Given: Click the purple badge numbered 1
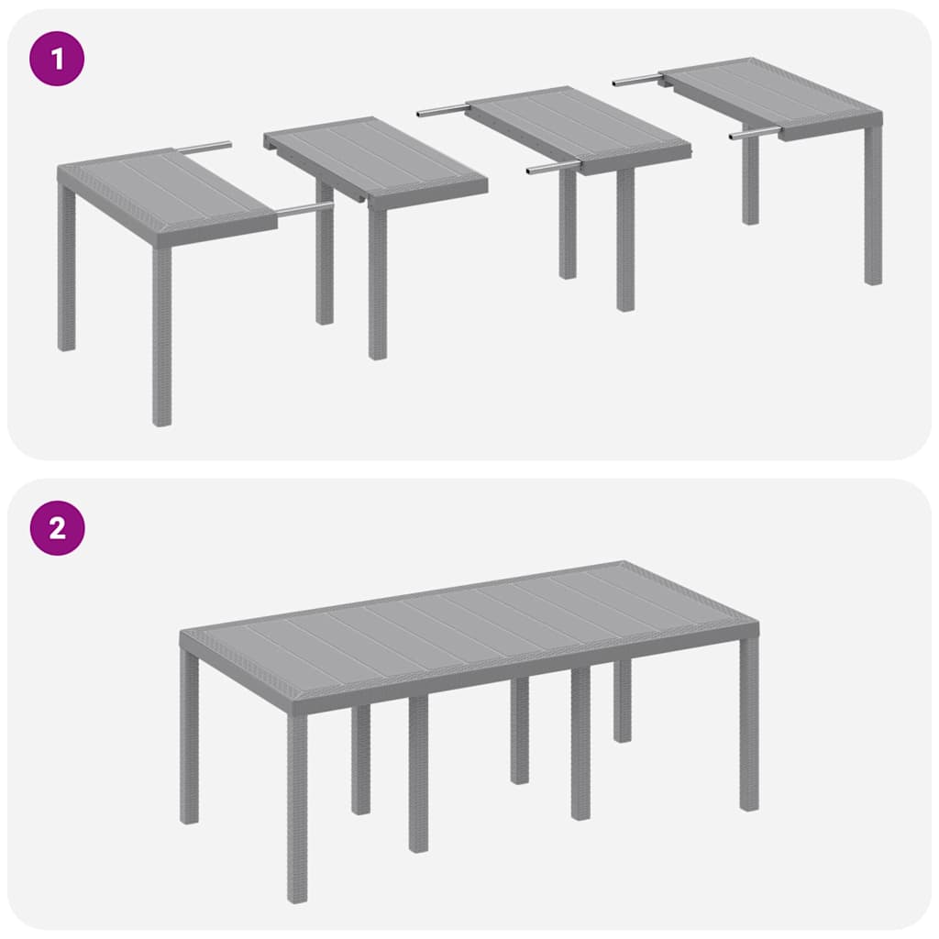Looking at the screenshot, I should (x=57, y=60).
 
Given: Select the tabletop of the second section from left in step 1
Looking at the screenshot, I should (x=376, y=158).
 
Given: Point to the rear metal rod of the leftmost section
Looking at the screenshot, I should (x=203, y=147).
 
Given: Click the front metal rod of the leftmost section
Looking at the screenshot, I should (x=304, y=211).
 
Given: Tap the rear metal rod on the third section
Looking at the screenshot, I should (x=443, y=111).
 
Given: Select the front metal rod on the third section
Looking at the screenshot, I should (x=554, y=168).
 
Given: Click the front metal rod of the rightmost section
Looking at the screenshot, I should (x=755, y=134).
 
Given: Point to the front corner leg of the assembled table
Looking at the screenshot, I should (x=297, y=807).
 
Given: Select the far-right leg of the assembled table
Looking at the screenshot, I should (x=749, y=724).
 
